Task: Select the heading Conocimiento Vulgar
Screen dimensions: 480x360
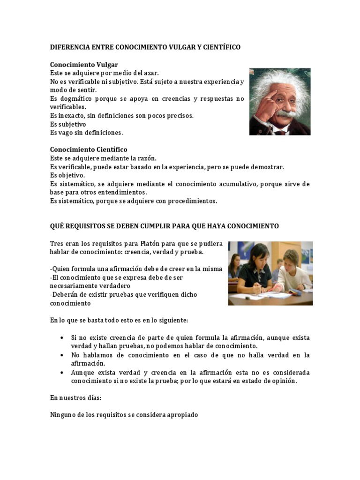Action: point(84,65)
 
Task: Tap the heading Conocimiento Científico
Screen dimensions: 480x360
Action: point(88,150)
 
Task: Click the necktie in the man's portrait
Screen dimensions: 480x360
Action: point(280,132)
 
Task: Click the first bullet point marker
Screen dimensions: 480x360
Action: point(63,338)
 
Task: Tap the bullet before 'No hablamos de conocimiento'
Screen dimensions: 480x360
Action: point(63,355)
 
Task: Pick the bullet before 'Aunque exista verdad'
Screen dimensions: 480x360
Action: point(63,373)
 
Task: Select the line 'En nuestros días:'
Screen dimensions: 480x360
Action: point(75,397)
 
